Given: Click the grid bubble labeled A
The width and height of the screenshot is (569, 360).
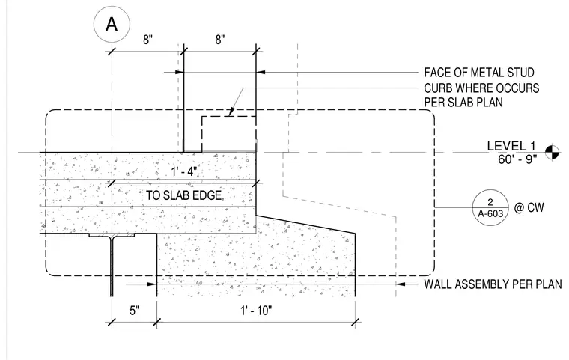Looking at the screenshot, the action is point(112,25).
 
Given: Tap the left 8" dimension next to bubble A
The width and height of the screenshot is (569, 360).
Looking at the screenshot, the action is point(147,40).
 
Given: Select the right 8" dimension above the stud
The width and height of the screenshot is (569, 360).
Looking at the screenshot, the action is point(220,40).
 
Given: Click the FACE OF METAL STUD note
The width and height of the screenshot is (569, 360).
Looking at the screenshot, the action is point(479,73).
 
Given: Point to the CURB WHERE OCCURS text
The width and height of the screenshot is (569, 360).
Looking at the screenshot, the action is point(481,88).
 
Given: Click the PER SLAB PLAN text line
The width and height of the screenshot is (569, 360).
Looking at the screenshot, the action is point(463,103).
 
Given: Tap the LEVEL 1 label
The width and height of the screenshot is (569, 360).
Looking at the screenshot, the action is point(511,146).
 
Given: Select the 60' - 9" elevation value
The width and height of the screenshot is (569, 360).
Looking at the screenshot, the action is point(517,159).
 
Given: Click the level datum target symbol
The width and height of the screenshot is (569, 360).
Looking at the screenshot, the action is point(552,152).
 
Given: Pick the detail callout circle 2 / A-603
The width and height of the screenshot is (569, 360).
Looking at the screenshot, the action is point(490,207).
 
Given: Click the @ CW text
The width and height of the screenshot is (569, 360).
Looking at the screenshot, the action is point(529,207).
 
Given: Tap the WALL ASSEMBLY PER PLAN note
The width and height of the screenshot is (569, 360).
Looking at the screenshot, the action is point(493,284).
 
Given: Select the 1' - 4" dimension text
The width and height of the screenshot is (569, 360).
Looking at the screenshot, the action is point(184,171).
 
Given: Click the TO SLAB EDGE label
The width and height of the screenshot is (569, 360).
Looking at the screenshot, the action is point(184,195).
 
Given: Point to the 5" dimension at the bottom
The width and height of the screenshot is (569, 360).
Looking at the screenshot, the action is point(134,311).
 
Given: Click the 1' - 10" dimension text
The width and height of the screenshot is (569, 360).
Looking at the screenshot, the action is point(256,311).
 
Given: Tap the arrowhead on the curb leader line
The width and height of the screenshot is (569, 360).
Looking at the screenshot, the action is point(231,112).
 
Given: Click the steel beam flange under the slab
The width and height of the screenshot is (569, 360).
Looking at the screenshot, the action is point(112,235).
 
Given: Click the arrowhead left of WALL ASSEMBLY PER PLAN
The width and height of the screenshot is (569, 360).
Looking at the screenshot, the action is point(401,284).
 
